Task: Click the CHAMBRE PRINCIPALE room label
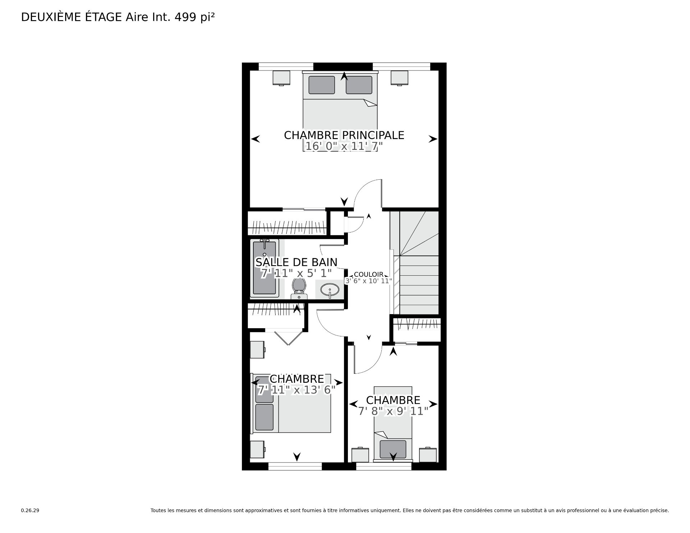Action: [344, 135]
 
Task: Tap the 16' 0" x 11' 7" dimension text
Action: [344, 146]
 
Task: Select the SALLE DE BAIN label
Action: [296, 262]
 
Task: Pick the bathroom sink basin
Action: [330, 289]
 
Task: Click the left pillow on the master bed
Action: [322, 85]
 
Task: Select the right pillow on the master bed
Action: [359, 85]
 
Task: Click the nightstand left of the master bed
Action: [281, 78]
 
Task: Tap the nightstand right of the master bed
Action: [400, 78]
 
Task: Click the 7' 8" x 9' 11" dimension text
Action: [393, 411]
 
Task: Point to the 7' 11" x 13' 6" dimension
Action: [296, 390]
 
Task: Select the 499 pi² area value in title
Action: [194, 17]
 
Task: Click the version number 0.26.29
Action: [30, 510]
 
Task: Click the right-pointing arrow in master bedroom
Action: [433, 139]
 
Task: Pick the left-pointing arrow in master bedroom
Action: [256, 139]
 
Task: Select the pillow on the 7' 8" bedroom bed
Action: [393, 449]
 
